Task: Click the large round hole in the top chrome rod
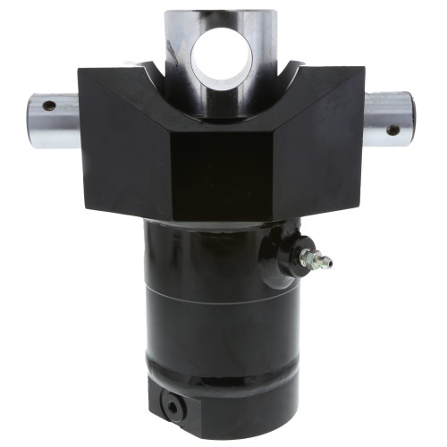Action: (x=222, y=56)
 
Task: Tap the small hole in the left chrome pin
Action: (x=48, y=105)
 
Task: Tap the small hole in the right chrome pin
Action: (x=393, y=130)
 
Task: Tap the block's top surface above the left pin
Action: (x=112, y=76)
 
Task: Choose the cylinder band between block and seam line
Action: (x=215, y=259)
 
